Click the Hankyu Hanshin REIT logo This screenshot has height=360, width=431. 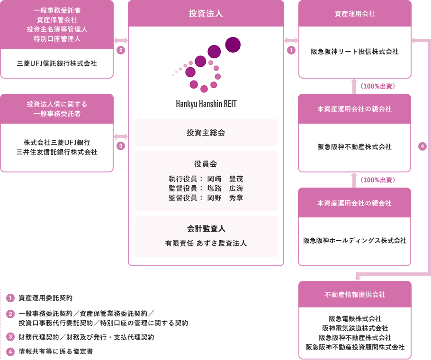coord(206,73)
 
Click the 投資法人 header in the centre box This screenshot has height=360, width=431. coord(206,13)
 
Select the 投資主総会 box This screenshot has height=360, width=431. coord(206,133)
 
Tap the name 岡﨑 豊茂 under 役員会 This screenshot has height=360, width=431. coord(225,179)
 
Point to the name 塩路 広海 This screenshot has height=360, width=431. coord(225,188)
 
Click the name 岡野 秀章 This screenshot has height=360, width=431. coord(225,198)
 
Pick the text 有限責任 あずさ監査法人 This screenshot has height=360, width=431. coord(206,243)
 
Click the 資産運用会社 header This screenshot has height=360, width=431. coord(355,14)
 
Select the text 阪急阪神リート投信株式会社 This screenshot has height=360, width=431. coord(355,52)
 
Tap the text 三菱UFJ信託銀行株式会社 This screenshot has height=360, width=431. coord(57,63)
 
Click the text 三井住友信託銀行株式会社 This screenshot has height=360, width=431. coord(57,152)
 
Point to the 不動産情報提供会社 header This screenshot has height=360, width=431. coord(355,295)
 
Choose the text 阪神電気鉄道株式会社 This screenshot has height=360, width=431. coord(355,328)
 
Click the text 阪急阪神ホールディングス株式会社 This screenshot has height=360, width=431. coord(355,241)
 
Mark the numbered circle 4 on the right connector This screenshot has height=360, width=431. coord(422,146)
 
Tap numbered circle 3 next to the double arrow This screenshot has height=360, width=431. coord(121,146)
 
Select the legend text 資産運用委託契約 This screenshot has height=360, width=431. coord(45,298)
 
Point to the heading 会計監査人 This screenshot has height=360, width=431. coord(206,228)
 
